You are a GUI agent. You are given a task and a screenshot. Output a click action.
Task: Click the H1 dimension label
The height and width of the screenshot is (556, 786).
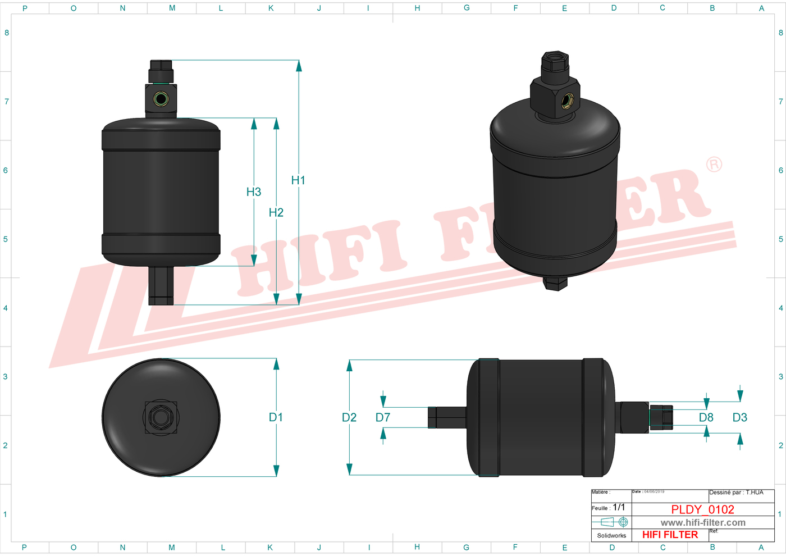[298, 180]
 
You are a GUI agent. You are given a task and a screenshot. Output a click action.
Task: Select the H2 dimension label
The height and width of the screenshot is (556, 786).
[276, 212]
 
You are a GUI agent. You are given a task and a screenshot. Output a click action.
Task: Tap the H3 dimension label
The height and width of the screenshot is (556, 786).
[254, 192]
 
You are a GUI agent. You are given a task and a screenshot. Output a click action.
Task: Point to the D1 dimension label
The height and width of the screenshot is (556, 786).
[276, 417]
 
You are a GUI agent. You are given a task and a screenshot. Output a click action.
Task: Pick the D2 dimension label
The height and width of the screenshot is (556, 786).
[349, 417]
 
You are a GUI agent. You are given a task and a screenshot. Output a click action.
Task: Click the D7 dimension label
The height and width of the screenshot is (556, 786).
[383, 417]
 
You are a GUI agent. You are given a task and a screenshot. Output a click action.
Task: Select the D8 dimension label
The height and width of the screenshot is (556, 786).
[706, 417]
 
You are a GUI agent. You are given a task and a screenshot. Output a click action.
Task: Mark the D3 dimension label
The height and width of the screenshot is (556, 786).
[740, 417]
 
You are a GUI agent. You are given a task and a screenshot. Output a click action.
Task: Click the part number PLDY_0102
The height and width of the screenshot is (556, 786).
[702, 509]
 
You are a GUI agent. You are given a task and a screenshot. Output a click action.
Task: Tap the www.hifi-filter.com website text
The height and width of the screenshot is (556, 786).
[703, 522]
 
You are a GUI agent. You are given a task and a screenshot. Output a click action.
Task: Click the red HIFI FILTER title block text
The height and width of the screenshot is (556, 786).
[670, 535]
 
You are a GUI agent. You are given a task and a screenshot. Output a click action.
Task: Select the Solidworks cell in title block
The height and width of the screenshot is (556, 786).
[611, 535]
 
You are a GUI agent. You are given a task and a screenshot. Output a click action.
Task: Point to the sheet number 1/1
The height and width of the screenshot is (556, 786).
[619, 507]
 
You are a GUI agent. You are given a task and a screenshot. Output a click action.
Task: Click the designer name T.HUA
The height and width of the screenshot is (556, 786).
[755, 493]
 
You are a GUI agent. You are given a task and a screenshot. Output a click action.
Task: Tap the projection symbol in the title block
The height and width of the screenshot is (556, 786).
[612, 522]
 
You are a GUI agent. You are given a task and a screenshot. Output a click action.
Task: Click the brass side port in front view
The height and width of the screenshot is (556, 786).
[161, 100]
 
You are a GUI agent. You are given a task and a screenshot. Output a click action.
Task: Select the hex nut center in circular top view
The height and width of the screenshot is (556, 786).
[161, 417]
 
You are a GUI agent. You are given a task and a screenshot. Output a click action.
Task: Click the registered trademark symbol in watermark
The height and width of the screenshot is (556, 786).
[714, 165]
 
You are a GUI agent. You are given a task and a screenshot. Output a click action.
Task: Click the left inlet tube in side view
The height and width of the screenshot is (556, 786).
[447, 417]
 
